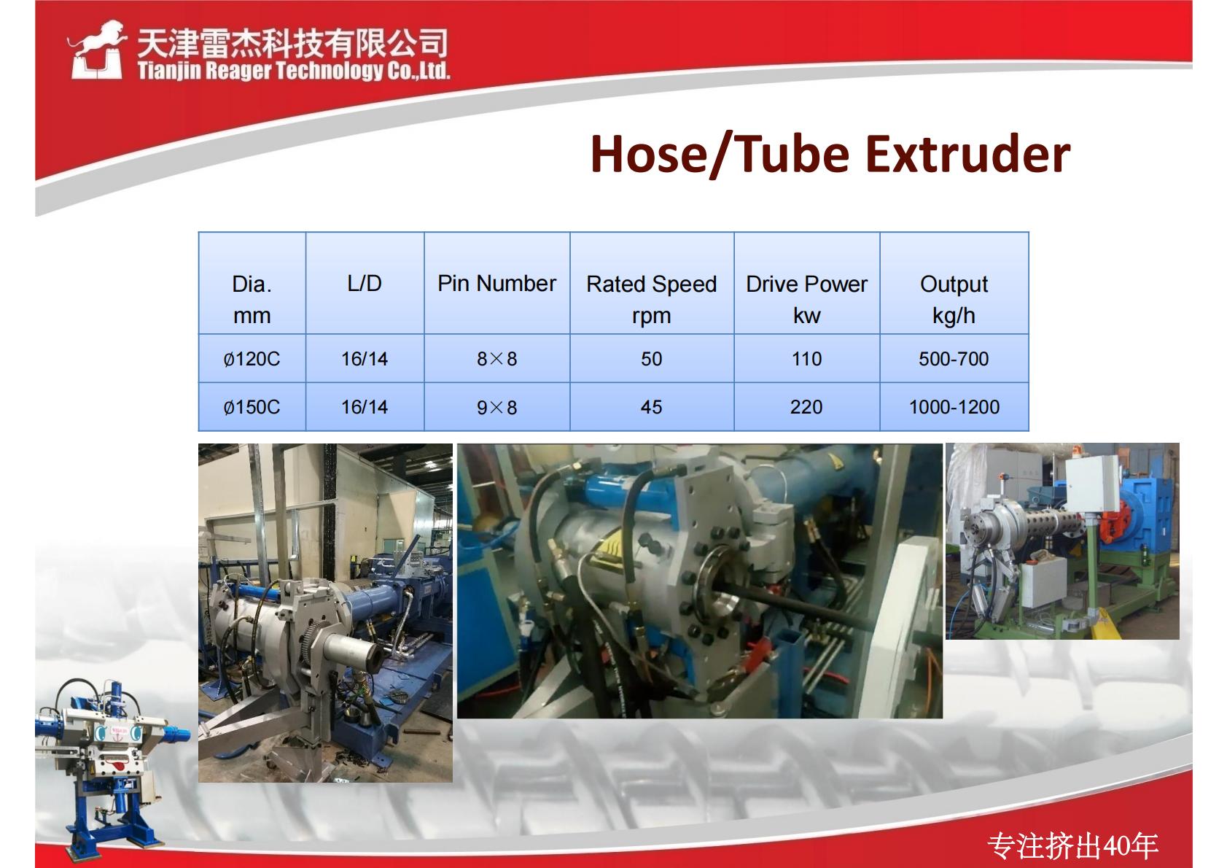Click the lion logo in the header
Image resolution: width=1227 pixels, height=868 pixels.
point(96,50)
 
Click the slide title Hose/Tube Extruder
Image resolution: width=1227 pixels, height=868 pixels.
point(830,155)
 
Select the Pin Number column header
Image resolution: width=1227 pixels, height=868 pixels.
point(496,283)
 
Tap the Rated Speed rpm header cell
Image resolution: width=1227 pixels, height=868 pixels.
point(651,299)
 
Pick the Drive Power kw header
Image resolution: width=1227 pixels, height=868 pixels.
point(807,299)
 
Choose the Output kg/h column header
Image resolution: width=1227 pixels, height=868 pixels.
point(954,299)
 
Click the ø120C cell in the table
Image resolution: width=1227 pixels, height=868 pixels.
point(252,359)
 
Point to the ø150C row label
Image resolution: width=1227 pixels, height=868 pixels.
point(252,407)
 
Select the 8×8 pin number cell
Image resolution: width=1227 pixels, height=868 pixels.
point(496,359)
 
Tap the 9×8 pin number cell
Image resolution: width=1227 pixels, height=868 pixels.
point(496,407)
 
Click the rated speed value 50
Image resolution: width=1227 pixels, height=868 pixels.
point(651,359)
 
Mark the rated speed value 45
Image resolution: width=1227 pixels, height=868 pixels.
point(651,407)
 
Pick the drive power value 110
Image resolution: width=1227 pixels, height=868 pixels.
point(807,359)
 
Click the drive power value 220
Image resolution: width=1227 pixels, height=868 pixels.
point(806,407)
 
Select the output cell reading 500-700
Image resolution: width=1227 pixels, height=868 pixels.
point(954,359)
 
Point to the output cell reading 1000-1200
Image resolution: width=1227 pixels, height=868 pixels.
point(954,407)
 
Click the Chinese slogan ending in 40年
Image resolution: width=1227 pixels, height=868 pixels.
point(1072,845)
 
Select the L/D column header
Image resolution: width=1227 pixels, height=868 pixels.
point(365,283)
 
